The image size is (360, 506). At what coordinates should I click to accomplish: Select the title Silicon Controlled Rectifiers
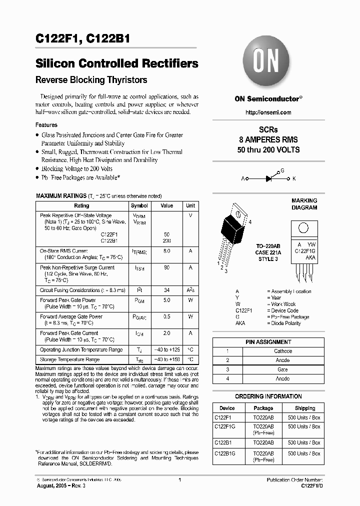[117, 64]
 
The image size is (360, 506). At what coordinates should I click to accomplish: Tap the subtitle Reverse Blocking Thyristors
[91, 80]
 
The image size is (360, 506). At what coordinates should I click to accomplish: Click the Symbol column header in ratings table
[139, 205]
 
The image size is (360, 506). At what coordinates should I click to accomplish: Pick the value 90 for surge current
[166, 267]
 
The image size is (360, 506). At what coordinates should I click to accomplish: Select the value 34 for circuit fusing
[166, 290]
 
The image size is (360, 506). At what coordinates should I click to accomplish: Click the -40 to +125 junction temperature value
[166, 350]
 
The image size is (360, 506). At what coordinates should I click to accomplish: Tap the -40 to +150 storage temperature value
[166, 359]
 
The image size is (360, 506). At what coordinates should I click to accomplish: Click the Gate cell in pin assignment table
[282, 369]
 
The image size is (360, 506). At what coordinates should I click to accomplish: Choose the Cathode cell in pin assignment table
[282, 351]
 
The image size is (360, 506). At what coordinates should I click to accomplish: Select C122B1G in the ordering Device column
[225, 453]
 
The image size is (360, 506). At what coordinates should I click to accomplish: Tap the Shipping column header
[305, 408]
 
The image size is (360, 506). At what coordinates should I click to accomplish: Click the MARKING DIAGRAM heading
[304, 204]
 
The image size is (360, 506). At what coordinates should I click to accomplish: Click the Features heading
[46, 125]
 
